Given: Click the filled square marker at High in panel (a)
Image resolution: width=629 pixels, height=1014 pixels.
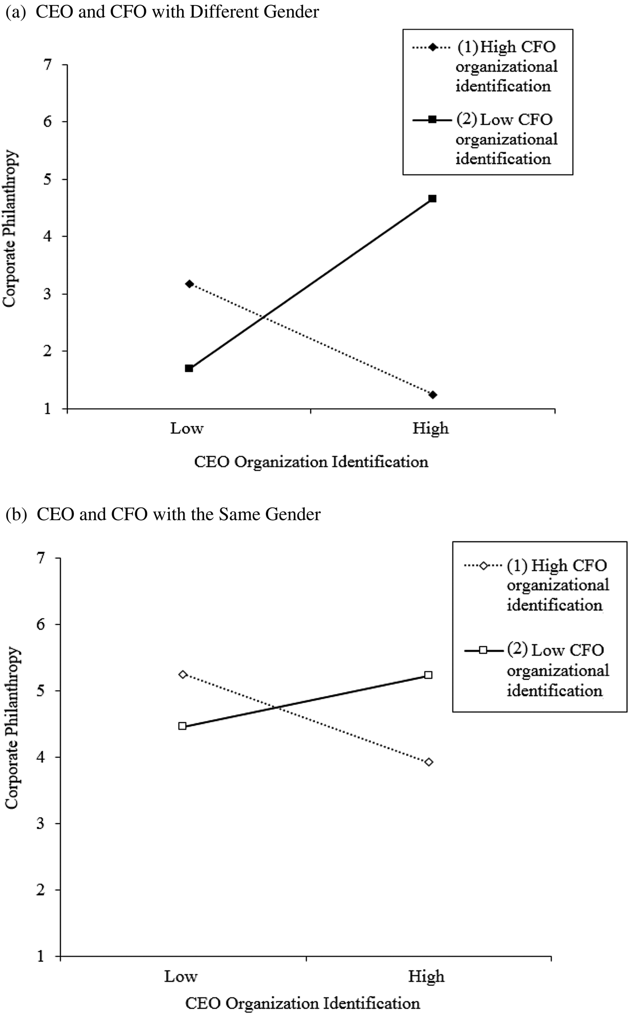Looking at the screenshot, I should click(x=432, y=198).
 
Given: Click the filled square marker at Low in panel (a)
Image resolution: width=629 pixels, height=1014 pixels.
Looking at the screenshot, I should click(x=189, y=368).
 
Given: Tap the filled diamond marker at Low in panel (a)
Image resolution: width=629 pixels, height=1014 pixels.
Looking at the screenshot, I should click(x=189, y=284).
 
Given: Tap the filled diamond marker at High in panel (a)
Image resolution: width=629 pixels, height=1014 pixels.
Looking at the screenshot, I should click(x=432, y=394).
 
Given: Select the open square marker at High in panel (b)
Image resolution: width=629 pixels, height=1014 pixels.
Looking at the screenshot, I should click(x=428, y=675).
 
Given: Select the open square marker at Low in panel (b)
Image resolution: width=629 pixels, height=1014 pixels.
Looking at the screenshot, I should click(x=183, y=726).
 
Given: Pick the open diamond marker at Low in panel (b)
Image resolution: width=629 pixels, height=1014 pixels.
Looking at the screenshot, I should click(x=183, y=674).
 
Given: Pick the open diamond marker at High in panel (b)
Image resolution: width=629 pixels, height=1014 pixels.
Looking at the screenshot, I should click(x=429, y=762).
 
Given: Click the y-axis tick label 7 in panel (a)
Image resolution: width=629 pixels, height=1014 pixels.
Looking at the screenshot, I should click(x=48, y=65).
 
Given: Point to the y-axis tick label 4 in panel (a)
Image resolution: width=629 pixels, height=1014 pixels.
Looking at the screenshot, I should click(x=48, y=236).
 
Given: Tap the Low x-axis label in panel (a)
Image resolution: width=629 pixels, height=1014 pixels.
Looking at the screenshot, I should click(x=187, y=429).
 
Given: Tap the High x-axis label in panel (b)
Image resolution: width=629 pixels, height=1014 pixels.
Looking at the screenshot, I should click(x=426, y=976).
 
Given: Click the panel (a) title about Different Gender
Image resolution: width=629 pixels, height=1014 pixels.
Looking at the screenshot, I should click(x=162, y=12).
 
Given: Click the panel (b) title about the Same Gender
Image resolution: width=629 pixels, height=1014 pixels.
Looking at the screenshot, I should click(x=163, y=515).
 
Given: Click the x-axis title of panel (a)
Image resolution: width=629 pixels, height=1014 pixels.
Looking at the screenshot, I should click(x=311, y=462).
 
